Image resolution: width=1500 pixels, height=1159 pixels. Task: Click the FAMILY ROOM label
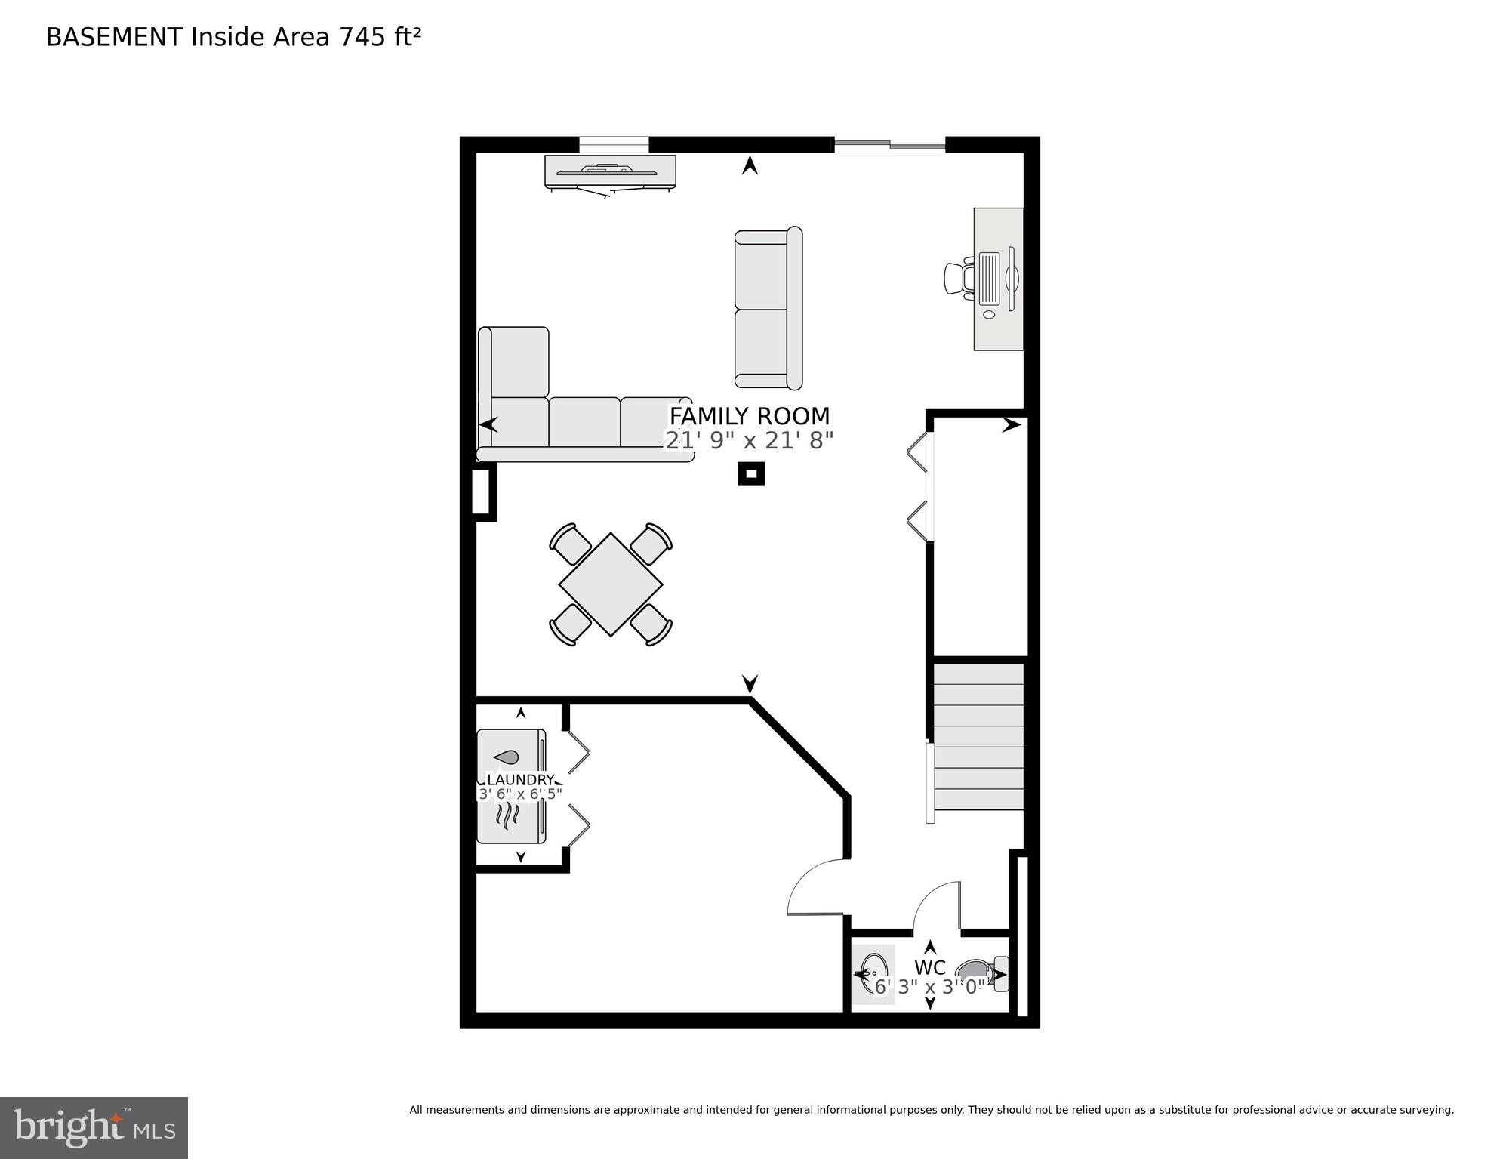point(749,416)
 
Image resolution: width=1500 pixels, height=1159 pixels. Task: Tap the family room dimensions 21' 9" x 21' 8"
point(749,440)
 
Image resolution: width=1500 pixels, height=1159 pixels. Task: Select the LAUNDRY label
point(520,779)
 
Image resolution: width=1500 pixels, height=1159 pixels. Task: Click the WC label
point(929,967)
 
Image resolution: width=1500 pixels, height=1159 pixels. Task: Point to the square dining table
point(611,584)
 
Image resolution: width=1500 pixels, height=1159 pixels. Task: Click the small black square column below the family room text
point(751,473)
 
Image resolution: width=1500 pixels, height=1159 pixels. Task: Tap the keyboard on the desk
point(989,279)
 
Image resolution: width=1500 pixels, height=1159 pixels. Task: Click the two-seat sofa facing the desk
point(767,309)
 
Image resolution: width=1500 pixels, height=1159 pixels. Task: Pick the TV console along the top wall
point(610,172)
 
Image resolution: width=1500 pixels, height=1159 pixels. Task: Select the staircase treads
point(978,737)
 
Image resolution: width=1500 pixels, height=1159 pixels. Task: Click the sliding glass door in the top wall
point(889,145)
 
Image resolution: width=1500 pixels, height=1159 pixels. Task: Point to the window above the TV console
point(614,144)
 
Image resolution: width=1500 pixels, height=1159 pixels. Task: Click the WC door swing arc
point(936,905)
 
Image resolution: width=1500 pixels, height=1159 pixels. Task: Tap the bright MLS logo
point(94,1127)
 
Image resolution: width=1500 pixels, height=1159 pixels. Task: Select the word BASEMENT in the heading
point(114,37)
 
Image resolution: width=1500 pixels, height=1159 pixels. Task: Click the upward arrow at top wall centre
point(750,165)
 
